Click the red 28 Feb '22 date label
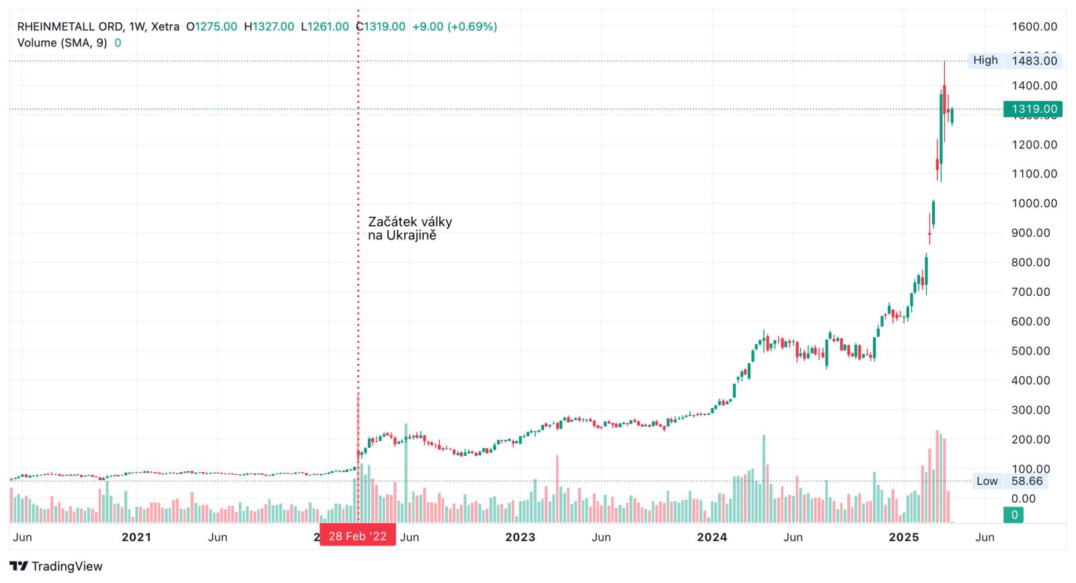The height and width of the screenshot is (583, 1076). tap(357, 536)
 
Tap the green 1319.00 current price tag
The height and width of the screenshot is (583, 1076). tap(1033, 109)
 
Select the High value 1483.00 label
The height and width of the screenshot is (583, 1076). tap(1034, 61)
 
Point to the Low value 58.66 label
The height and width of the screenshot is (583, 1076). tap(1027, 481)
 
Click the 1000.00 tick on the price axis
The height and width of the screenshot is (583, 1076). tap(1034, 203)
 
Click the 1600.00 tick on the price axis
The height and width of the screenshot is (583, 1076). tap(1034, 27)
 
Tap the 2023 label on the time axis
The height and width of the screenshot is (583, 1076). tap(520, 537)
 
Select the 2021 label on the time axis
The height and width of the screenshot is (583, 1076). tap(136, 537)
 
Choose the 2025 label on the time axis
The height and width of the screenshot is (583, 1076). tap(904, 537)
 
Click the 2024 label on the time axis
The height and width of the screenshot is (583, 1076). tap(712, 537)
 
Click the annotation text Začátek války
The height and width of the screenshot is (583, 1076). tap(410, 222)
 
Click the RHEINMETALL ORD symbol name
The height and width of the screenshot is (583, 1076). tap(70, 27)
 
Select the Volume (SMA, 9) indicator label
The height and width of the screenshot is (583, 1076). tap(61, 43)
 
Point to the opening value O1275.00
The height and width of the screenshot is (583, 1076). tap(211, 27)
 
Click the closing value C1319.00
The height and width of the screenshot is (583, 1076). tap(380, 27)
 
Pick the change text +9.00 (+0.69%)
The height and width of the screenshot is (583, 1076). tap(455, 27)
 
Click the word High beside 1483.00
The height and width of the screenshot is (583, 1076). tap(985, 61)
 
